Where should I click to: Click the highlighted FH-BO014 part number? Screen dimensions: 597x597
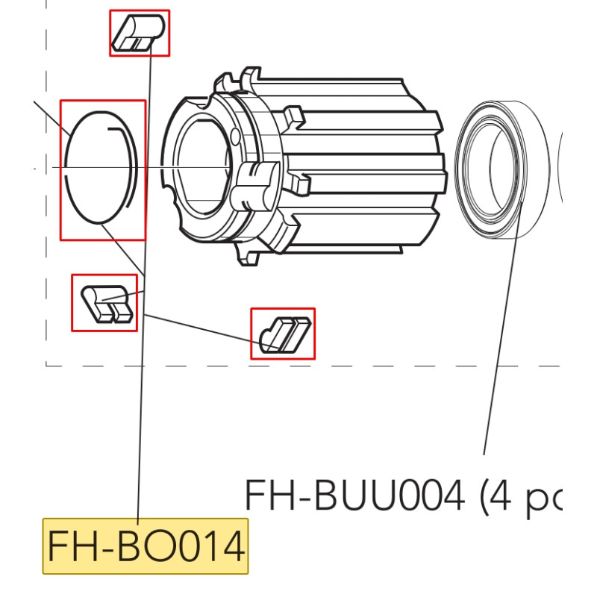click(146, 547)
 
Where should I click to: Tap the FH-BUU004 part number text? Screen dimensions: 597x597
click(354, 495)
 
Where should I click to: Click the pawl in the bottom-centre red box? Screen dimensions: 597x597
click(283, 333)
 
